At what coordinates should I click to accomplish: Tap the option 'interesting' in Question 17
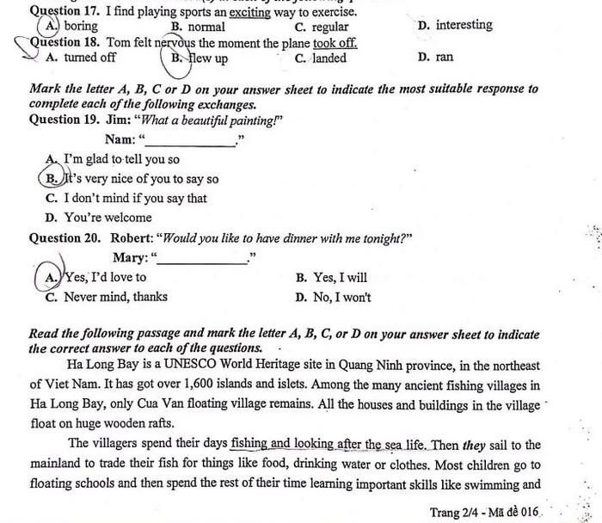464,25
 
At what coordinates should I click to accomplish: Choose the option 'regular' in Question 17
329,27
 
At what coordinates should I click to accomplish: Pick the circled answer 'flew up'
208,58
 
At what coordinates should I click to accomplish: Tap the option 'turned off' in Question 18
90,58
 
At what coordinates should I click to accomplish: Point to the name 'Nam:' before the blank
120,139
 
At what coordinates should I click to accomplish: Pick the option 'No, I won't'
343,297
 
